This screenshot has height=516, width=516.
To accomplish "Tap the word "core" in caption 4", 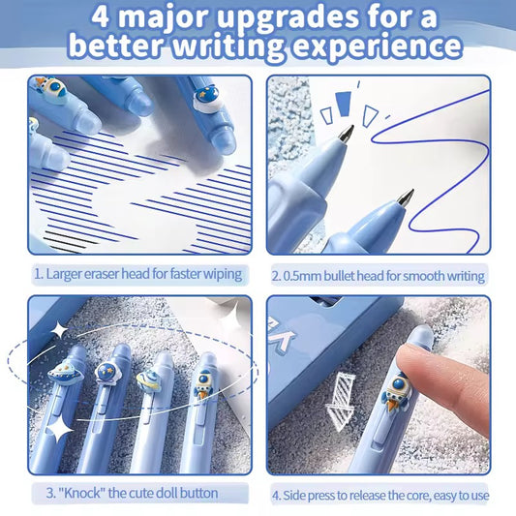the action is (417, 495).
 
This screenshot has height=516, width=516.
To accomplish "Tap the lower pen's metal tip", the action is (406, 197).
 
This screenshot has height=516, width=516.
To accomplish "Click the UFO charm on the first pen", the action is (66, 373).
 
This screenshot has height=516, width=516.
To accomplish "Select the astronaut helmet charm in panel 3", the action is (108, 373).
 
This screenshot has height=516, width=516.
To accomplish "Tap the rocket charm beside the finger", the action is (395, 391).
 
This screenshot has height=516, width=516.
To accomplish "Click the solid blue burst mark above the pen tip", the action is (344, 104).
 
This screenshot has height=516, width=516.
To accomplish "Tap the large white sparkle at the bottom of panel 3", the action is (59, 430).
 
